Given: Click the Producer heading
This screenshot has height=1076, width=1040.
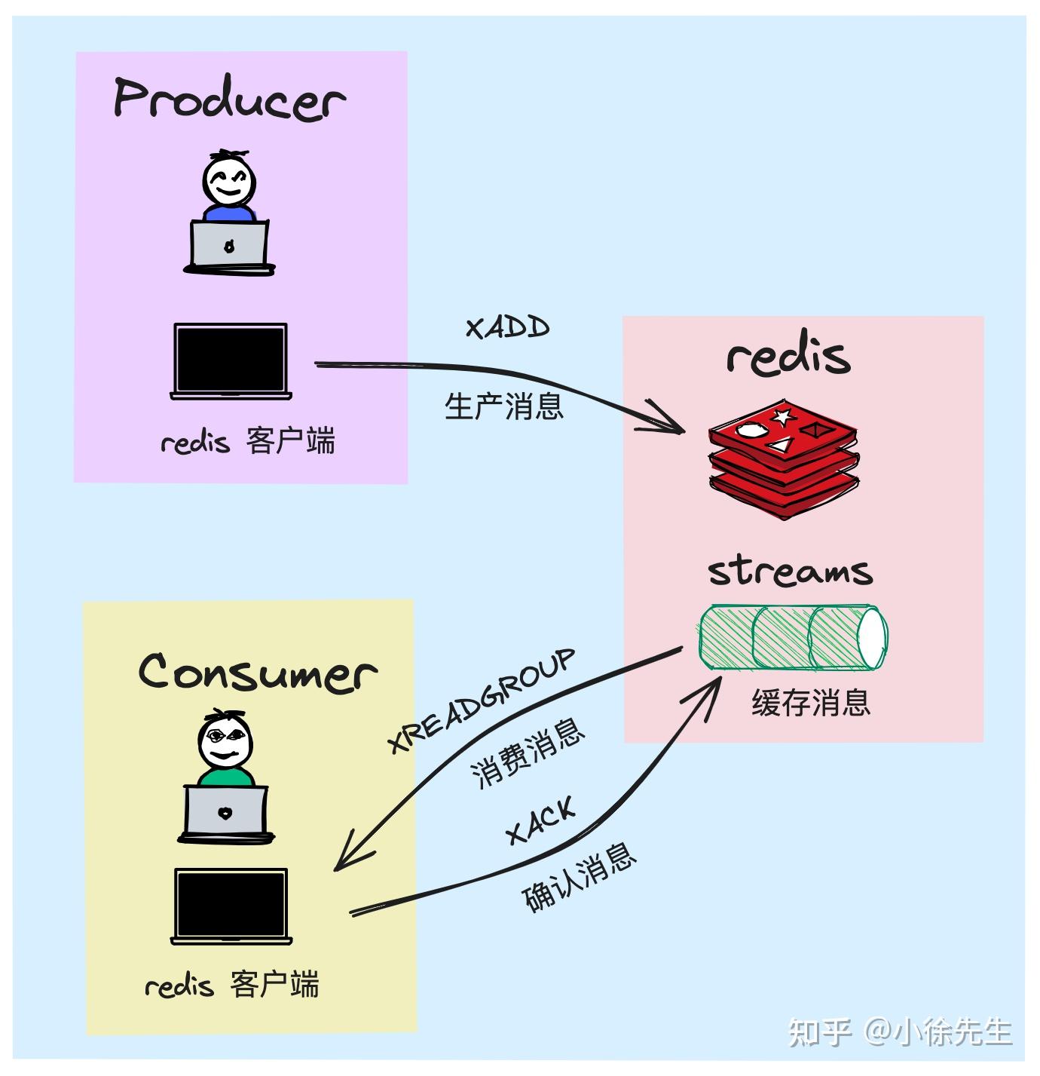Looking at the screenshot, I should click(x=229, y=100).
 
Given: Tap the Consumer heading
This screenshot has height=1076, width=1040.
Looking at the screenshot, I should click(x=257, y=672).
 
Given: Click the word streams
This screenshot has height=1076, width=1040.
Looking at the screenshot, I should click(x=790, y=571).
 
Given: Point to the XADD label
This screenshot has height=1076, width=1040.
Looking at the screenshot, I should click(x=507, y=328).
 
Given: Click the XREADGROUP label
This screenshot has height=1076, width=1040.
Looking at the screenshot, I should click(x=482, y=700).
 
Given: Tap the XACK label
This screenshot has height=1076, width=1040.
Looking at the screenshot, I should click(x=540, y=820).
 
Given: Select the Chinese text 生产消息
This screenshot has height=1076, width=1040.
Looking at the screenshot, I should click(x=504, y=406).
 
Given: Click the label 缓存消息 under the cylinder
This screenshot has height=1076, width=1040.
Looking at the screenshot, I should click(x=811, y=703).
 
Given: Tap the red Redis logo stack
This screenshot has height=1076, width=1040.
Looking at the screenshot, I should click(x=783, y=461).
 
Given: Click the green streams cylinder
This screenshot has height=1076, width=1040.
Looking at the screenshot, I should click(x=792, y=637).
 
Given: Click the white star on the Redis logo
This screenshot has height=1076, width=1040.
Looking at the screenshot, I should click(x=782, y=416).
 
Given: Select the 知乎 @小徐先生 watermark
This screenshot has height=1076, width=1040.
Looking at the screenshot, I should click(x=900, y=1032).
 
